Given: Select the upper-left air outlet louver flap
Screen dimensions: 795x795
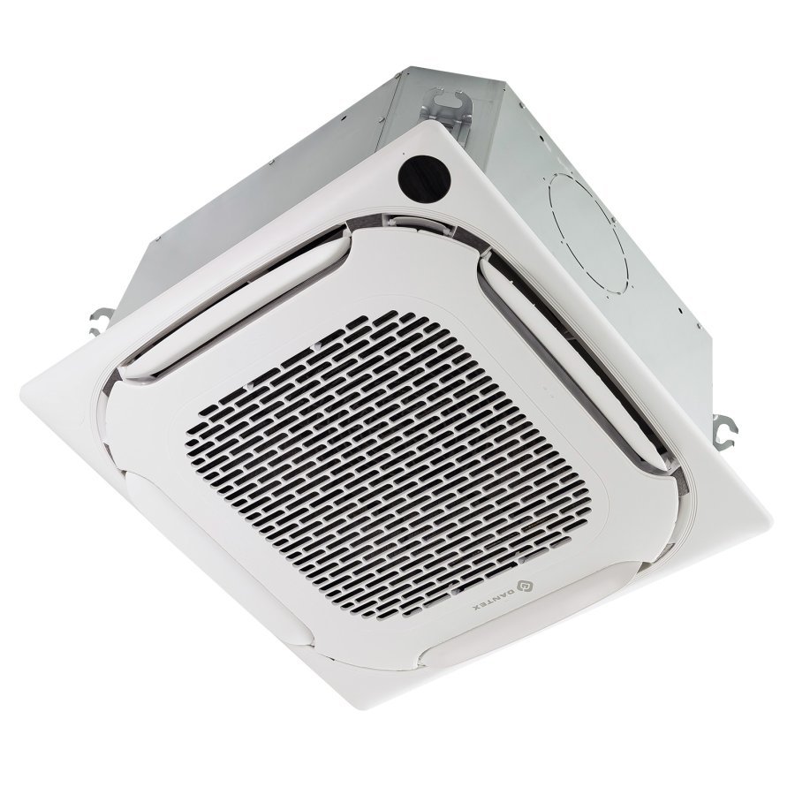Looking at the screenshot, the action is (x=231, y=307).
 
